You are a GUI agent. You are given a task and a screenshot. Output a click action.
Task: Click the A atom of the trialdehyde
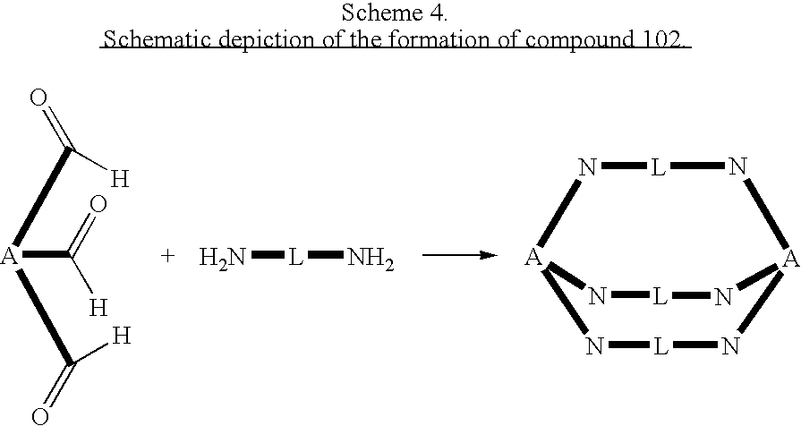click(x=10, y=258)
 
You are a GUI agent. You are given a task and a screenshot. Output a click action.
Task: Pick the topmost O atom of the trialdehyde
click(x=39, y=98)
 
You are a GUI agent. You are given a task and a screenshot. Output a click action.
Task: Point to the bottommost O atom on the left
click(x=39, y=415)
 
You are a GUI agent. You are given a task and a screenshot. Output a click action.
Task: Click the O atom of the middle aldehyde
click(x=99, y=205)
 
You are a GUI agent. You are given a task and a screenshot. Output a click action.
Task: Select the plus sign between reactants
click(x=167, y=257)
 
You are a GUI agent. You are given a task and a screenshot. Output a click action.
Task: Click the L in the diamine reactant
click(x=294, y=258)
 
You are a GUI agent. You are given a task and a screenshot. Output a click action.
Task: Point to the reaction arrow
click(x=458, y=256)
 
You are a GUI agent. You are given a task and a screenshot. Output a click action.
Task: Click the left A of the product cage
click(x=533, y=259)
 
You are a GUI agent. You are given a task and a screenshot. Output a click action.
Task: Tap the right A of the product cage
click(x=790, y=260)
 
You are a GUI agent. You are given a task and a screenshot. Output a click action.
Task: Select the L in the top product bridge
click(x=659, y=167)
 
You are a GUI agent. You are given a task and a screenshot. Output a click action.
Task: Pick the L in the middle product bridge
click(x=659, y=297)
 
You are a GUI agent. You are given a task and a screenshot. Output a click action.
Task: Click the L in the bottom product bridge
click(x=660, y=346)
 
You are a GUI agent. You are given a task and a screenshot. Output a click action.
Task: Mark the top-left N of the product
click(x=586, y=167)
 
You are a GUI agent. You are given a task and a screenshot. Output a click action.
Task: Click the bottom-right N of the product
click(x=731, y=346)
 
